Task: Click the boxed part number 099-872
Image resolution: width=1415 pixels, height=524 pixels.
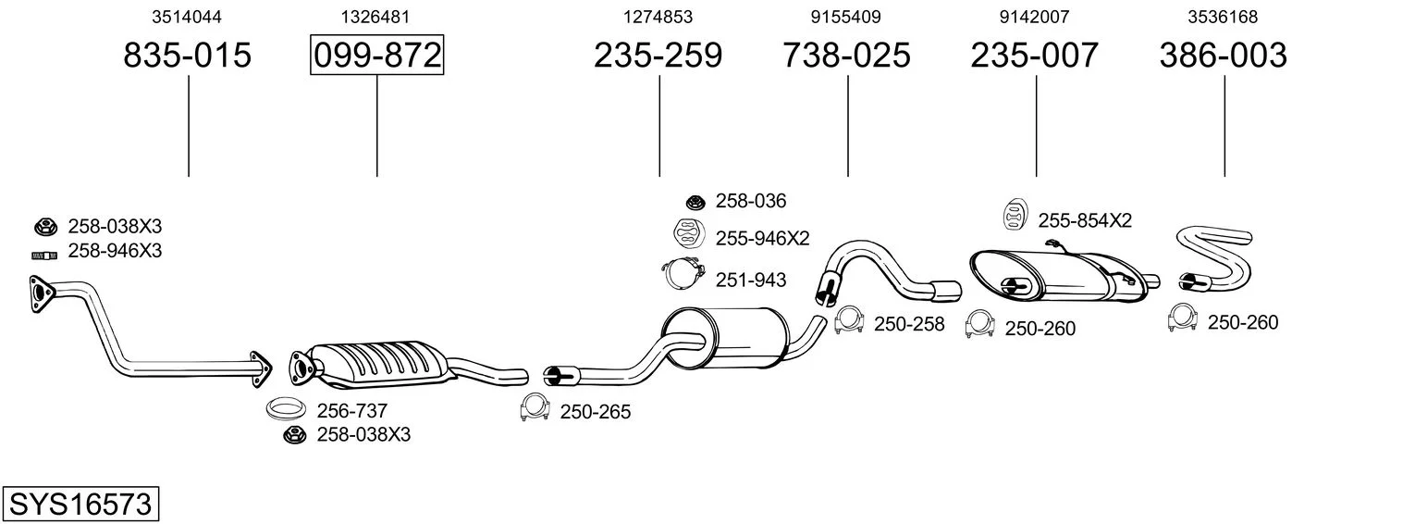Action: [x=376, y=55]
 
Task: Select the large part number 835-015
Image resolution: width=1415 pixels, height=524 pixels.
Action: [x=188, y=55]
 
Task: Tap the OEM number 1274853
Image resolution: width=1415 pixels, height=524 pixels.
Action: [x=658, y=17]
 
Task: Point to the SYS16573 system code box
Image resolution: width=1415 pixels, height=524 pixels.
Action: [x=80, y=504]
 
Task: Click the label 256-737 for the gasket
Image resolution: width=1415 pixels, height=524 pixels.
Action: [x=351, y=411]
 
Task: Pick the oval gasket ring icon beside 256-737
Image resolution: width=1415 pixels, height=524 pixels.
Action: [x=286, y=409]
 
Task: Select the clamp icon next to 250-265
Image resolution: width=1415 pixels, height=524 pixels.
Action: [x=535, y=407]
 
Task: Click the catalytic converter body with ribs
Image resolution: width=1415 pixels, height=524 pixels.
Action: [x=379, y=366]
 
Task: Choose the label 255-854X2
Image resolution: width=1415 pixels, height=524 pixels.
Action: [x=1085, y=220]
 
